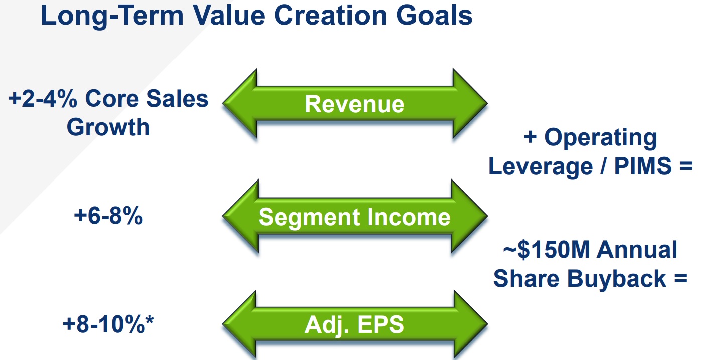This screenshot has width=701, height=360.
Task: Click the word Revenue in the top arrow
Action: [x=355, y=104]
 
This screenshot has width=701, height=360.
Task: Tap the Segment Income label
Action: [x=355, y=217]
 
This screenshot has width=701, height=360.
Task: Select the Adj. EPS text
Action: [x=354, y=325]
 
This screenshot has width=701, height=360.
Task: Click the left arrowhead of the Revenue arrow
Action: [x=240, y=103]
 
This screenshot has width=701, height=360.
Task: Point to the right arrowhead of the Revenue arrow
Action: [x=470, y=103]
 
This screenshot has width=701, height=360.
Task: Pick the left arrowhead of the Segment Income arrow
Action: [x=240, y=216]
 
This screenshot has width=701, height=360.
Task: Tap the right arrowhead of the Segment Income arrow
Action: [x=469, y=216]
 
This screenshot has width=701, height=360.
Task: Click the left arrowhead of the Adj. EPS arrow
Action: [x=239, y=324]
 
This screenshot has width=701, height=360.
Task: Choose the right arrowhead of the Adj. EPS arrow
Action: [x=471, y=324]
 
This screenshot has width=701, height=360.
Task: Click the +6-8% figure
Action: [x=108, y=216]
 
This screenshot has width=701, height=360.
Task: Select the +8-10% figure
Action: [x=104, y=324]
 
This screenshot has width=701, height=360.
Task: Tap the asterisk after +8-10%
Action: [x=150, y=321]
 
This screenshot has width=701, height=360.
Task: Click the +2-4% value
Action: [x=43, y=99]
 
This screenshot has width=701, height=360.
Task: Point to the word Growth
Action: [x=108, y=128]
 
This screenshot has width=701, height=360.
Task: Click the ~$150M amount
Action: [x=547, y=250]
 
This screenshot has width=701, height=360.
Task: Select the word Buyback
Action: [x=616, y=279]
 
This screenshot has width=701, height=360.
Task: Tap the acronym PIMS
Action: [x=643, y=166]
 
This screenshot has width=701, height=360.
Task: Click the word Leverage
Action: [x=541, y=167]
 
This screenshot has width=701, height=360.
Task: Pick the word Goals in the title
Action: [x=434, y=16]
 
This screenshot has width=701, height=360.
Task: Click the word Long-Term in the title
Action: [x=112, y=16]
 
